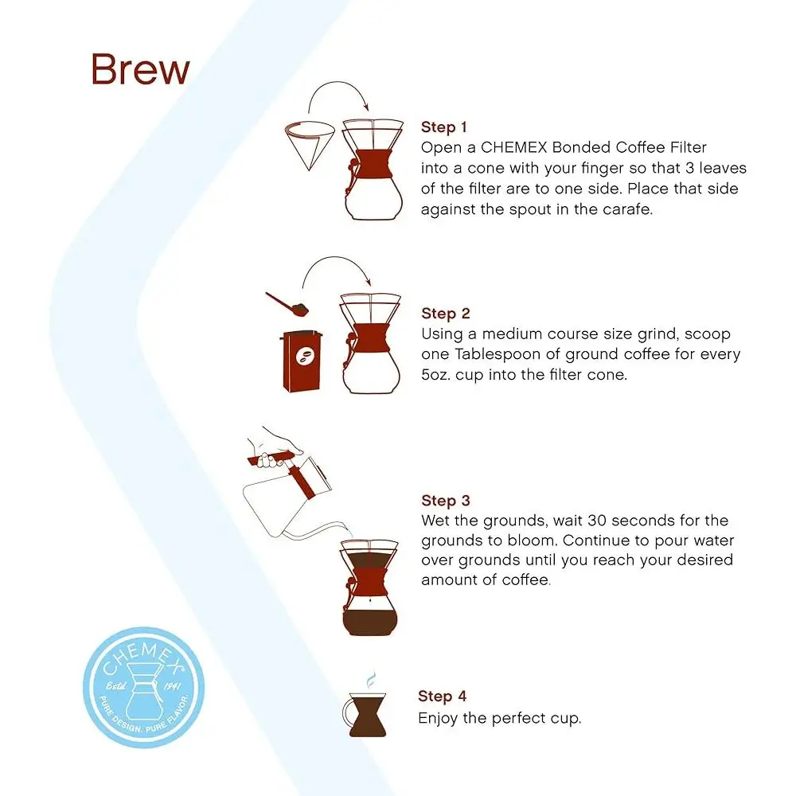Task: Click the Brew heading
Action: tap(140, 69)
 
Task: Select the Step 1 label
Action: tap(443, 127)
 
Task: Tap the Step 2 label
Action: tap(445, 314)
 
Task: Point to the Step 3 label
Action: tap(445, 501)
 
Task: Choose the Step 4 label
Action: tap(442, 696)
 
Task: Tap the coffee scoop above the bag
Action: tap(288, 303)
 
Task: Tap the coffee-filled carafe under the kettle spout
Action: tap(369, 589)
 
